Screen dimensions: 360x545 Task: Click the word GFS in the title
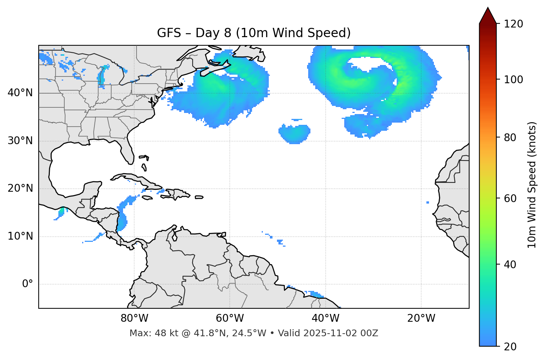(169, 33)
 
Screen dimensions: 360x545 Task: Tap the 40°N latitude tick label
(20, 93)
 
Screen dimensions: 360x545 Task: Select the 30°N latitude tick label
(20, 141)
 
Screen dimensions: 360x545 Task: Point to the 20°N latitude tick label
(20, 188)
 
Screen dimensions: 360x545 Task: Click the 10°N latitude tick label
(20, 236)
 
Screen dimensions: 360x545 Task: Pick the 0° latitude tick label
(28, 284)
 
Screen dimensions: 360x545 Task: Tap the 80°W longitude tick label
(134, 318)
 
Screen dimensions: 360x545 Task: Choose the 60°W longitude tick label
(230, 318)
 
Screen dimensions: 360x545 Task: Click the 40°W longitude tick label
(325, 318)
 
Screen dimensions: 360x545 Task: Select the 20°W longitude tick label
(421, 318)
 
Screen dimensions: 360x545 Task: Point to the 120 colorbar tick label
(513, 24)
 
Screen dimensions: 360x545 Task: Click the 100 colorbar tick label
(513, 80)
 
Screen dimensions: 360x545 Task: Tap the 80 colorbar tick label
(510, 137)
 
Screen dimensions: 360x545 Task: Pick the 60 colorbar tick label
(510, 198)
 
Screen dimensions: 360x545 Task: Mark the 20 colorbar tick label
(510, 347)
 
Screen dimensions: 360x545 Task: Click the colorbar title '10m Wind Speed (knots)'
(532, 185)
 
